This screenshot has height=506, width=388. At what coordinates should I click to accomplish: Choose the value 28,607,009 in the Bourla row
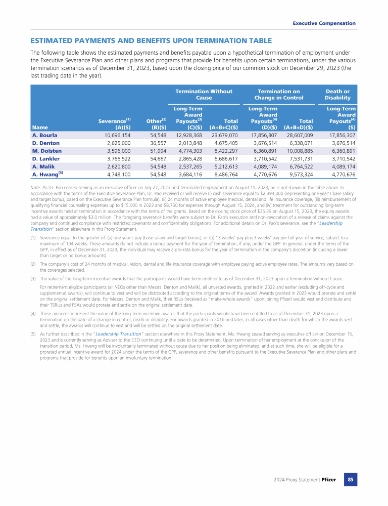pos(300,135)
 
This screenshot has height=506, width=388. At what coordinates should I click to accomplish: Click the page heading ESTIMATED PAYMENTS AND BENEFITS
pos(151,40)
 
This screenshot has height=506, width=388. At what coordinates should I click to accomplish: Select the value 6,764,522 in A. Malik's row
pos(300,166)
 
